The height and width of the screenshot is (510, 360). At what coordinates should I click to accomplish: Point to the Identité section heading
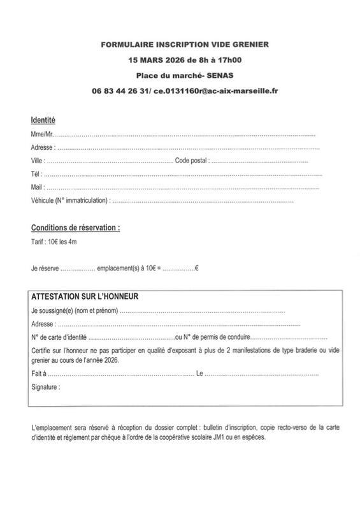pyautogui.click(x=43, y=120)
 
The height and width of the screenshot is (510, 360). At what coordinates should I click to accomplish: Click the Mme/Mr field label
pyautogui.click(x=41, y=135)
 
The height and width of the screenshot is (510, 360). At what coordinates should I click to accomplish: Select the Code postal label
pyautogui.click(x=192, y=161)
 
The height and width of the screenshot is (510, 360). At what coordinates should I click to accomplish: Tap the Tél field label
pyautogui.click(x=36, y=174)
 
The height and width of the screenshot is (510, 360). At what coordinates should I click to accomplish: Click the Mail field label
pyautogui.click(x=37, y=187)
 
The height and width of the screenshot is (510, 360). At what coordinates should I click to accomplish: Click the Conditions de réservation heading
pyautogui.click(x=76, y=228)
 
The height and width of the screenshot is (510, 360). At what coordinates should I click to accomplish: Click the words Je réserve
pyautogui.click(x=45, y=268)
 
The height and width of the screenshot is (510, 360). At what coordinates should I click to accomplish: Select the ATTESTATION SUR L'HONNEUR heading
pyautogui.click(x=85, y=296)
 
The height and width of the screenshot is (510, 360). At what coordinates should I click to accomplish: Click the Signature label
pyautogui.click(x=45, y=387)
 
